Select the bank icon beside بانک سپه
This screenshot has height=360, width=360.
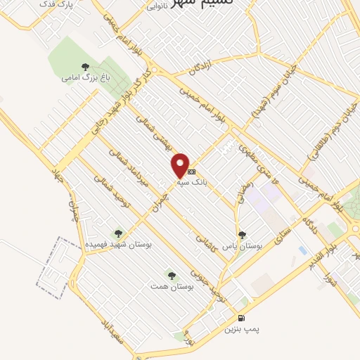point(192,171)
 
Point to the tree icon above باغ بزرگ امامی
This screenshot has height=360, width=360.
point(85,67)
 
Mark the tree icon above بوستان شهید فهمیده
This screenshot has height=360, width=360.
point(117,233)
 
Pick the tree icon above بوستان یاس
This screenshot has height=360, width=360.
point(243,235)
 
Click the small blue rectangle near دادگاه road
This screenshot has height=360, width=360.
point(302,250)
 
